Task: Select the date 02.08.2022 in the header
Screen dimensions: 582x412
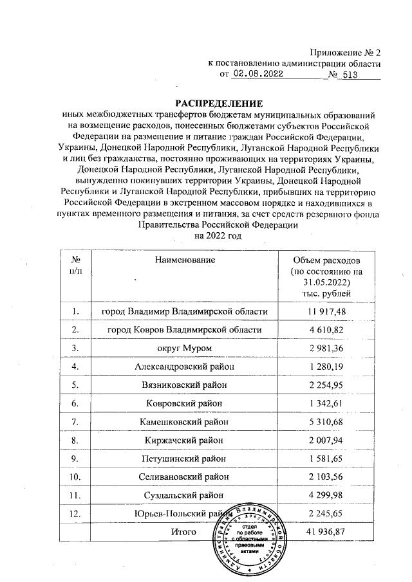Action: pos(259,75)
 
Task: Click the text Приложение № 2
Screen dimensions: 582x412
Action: pos(346,52)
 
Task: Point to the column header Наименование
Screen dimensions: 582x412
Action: pos(184,259)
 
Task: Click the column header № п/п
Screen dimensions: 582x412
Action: pos(76,264)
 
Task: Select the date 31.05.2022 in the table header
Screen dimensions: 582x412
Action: pos(326,282)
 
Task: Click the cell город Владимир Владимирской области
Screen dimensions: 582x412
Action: pos(184,312)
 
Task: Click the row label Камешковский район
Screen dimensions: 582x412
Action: pos(184,422)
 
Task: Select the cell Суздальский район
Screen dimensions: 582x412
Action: pos(184,495)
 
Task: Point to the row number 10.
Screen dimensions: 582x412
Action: pos(76,477)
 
